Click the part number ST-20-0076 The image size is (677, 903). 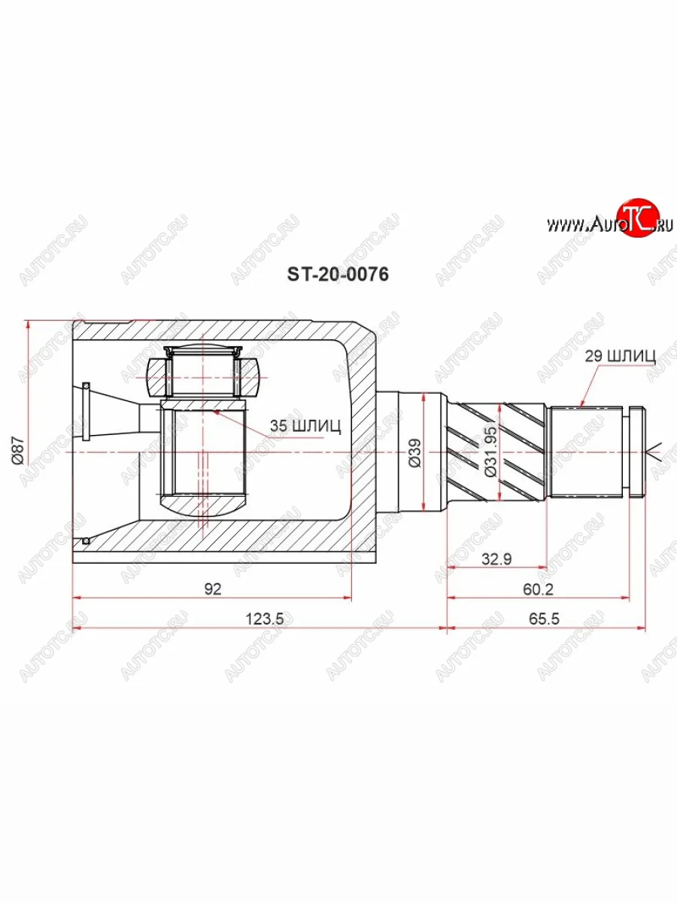click(337, 275)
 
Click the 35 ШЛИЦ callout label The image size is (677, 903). click(305, 426)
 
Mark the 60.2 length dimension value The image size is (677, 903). click(538, 589)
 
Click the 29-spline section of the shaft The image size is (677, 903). click(587, 451)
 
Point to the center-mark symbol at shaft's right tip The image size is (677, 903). click(654, 452)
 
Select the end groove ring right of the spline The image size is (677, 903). click(636, 452)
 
